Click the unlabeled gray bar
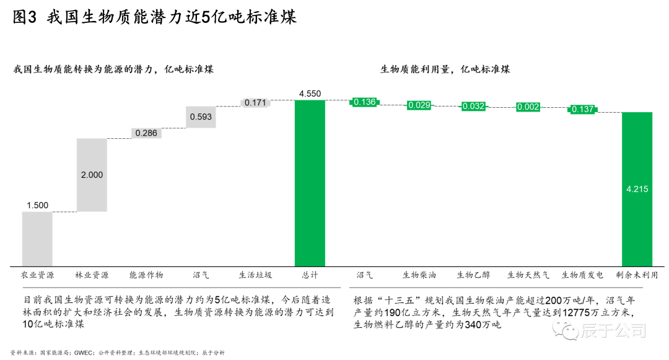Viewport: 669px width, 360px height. pyautogui.click(x=37, y=239)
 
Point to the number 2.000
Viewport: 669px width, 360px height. pyautogui.click(x=92, y=175)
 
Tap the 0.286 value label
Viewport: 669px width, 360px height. pyautogui.click(x=146, y=133)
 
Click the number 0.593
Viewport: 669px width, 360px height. pyautogui.click(x=201, y=117)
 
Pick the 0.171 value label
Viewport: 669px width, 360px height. pyautogui.click(x=255, y=103)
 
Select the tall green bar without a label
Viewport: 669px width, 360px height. pyautogui.click(x=310, y=183)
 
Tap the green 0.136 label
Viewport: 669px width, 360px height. pyautogui.click(x=364, y=102)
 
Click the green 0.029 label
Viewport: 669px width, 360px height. pyautogui.click(x=419, y=105)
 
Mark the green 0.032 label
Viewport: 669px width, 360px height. pyautogui.click(x=473, y=107)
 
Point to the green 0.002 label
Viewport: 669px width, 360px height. pyautogui.click(x=528, y=107)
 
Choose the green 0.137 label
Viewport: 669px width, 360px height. pyautogui.click(x=582, y=110)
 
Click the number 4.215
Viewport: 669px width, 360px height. pyautogui.click(x=637, y=190)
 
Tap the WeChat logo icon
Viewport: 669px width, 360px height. pyautogui.click(x=565, y=328)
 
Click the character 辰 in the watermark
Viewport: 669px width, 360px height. pyautogui.click(x=588, y=330)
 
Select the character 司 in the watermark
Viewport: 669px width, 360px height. pyautogui.click(x=638, y=330)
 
